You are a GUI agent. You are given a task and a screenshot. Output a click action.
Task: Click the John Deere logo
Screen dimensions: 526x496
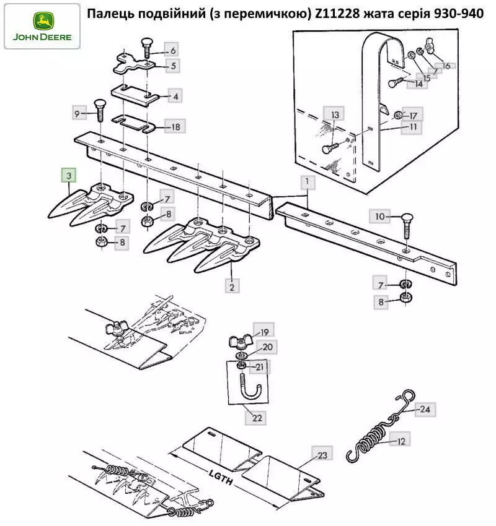42,26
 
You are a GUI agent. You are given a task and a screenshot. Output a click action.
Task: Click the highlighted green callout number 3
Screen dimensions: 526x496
68,176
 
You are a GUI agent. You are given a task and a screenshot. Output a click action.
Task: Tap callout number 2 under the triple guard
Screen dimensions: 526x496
231,287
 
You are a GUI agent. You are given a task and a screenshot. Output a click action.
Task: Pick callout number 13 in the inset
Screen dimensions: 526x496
335,115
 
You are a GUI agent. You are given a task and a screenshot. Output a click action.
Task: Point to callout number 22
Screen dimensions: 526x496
257,418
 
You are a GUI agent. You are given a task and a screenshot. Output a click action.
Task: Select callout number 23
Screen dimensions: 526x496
322,455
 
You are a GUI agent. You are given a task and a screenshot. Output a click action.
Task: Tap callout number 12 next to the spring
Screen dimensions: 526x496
401,441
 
